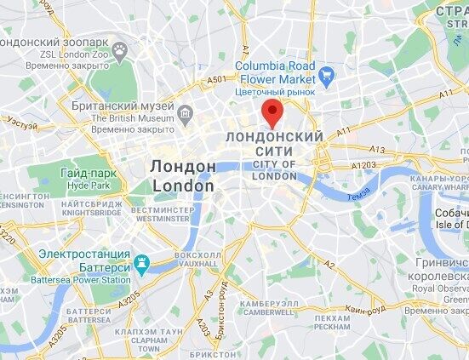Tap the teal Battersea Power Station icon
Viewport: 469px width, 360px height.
(x=142, y=261)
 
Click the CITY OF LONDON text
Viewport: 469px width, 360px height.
(x=275, y=169)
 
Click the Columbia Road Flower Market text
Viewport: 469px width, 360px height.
(x=275, y=72)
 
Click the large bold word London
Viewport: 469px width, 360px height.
(x=182, y=185)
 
